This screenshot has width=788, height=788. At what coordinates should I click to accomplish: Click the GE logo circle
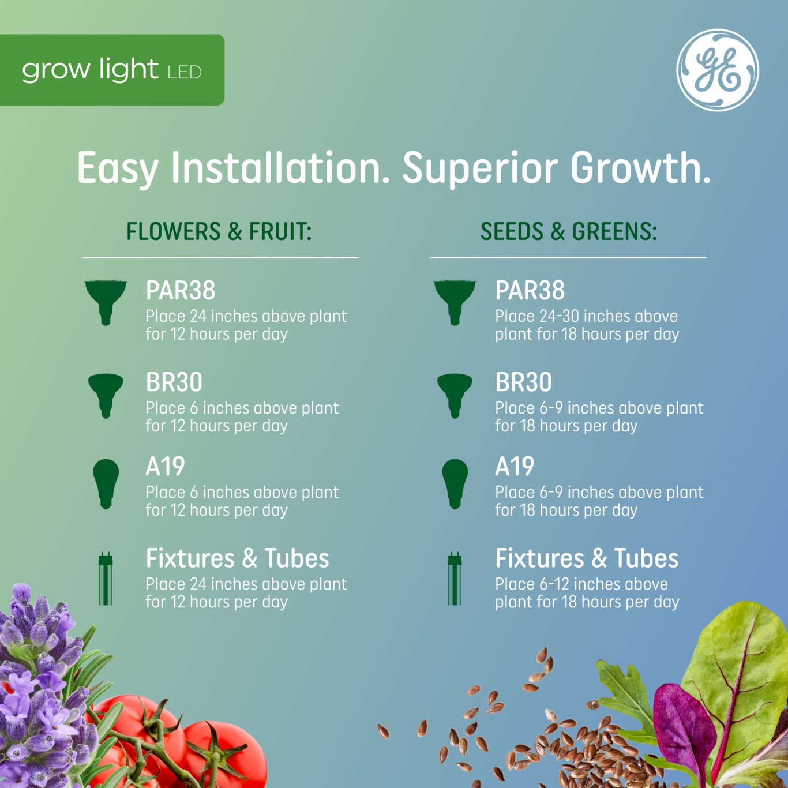click(718, 70)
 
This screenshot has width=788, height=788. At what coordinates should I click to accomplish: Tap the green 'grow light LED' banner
click(112, 70)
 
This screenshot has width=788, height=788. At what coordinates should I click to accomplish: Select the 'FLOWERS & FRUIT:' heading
click(219, 231)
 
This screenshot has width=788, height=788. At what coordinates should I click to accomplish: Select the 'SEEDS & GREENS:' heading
click(568, 231)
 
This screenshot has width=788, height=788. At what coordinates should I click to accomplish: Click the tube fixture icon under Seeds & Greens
click(455, 579)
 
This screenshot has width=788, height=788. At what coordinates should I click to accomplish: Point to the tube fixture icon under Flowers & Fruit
click(106, 579)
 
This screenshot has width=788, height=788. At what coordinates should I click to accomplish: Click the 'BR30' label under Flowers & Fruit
click(174, 382)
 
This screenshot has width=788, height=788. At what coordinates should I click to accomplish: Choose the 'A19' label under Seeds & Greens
click(515, 467)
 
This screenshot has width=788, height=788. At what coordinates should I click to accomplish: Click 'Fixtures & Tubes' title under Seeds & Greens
click(587, 558)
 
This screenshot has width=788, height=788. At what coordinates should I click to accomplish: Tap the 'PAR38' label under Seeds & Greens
click(530, 291)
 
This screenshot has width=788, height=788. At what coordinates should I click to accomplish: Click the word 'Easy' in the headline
click(118, 168)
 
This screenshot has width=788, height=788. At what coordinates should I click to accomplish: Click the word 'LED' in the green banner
click(185, 73)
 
